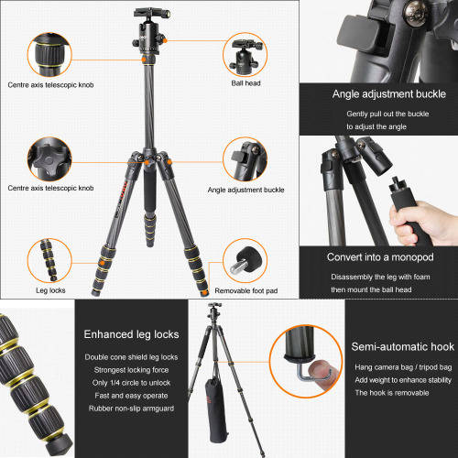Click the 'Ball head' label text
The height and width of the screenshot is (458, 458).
245,83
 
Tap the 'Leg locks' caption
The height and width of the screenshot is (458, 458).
50,290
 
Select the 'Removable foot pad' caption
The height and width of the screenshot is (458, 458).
246,290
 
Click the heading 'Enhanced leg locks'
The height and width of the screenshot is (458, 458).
131,334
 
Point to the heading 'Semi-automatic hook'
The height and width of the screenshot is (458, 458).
403,346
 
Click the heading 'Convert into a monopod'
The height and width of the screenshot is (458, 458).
380,257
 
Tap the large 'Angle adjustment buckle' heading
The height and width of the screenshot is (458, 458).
389,94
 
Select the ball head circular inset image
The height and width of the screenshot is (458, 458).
245,55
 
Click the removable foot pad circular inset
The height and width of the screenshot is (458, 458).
245,260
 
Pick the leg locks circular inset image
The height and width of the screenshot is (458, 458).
49,260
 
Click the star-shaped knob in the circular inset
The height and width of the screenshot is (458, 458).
49,158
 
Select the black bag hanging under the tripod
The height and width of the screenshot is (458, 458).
216,409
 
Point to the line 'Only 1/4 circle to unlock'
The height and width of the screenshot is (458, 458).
131,383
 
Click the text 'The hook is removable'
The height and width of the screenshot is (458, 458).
392,393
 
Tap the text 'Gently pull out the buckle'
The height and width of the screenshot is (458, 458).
387,114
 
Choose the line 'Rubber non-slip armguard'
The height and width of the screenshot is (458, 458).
131,409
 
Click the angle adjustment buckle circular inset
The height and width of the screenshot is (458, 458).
245,159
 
